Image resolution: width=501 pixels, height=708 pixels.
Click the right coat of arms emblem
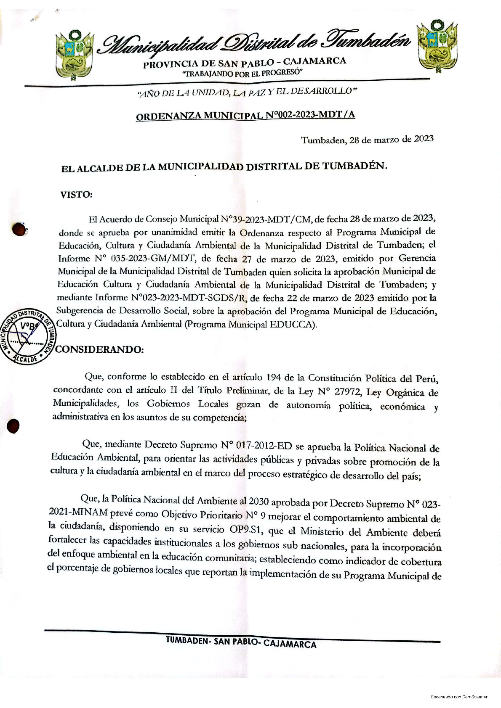(x=436, y=46)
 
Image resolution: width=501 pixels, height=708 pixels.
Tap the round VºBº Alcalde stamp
(x=27, y=336)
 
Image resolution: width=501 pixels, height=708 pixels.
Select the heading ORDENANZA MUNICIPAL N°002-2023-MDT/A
(x=245, y=115)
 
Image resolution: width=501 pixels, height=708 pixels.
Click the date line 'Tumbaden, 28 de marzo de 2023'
(x=367, y=140)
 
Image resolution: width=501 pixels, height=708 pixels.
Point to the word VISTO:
(x=76, y=195)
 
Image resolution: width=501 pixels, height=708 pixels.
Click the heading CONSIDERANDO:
(x=100, y=350)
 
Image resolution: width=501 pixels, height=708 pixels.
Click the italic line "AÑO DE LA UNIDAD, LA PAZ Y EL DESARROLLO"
(x=248, y=92)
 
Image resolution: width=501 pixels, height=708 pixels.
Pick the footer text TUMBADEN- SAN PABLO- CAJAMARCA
(x=241, y=642)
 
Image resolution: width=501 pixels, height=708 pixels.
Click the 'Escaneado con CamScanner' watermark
(x=459, y=697)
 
